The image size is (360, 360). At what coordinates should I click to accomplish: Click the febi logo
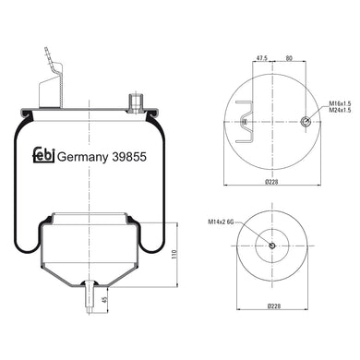[43, 155]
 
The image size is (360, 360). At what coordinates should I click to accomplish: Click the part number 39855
[129, 157]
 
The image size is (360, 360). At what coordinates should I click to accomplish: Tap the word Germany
[83, 158]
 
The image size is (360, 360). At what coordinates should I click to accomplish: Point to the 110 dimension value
[175, 254]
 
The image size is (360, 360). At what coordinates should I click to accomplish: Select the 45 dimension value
[104, 300]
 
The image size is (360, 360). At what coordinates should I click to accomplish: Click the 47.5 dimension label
[262, 58]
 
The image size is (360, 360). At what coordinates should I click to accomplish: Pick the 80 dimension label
[289, 58]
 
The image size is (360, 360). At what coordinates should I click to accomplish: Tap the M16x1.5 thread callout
[340, 104]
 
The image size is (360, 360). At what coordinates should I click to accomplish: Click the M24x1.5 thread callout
[340, 110]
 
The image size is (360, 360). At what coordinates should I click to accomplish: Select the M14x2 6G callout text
[222, 222]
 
